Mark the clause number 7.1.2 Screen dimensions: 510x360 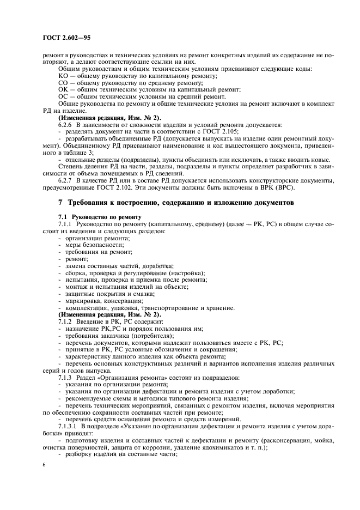[66, 322]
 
